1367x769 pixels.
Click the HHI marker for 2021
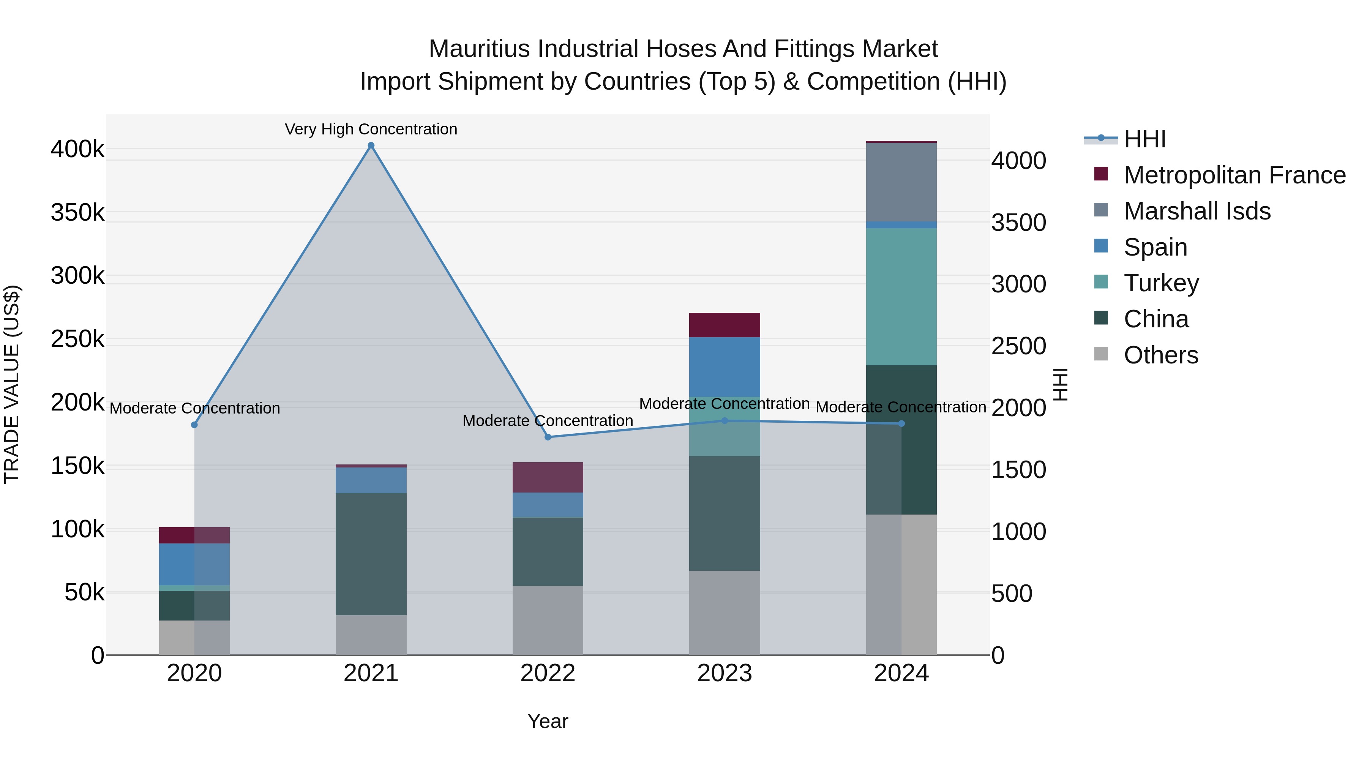coord(371,145)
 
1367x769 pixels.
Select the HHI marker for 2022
coord(548,437)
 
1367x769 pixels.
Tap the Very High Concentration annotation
coord(371,129)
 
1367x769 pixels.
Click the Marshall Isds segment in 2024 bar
coord(901,182)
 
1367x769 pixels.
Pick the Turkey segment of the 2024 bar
coord(901,296)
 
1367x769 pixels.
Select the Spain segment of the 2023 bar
coord(725,367)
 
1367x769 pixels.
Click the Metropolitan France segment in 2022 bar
coord(548,477)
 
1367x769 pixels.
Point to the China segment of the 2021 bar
coord(371,554)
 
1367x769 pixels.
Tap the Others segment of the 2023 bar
coord(725,613)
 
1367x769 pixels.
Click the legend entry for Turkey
coord(1161,283)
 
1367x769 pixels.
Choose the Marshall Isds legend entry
coord(1197,211)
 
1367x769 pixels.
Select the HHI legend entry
coord(1144,139)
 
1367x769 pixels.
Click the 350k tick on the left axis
coord(77,213)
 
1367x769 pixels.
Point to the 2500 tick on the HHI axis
coord(1018,346)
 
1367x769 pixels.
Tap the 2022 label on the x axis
coord(548,673)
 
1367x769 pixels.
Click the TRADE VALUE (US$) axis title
coord(12,384)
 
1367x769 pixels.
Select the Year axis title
coord(548,721)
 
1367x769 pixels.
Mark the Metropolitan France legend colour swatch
coord(1101,174)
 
